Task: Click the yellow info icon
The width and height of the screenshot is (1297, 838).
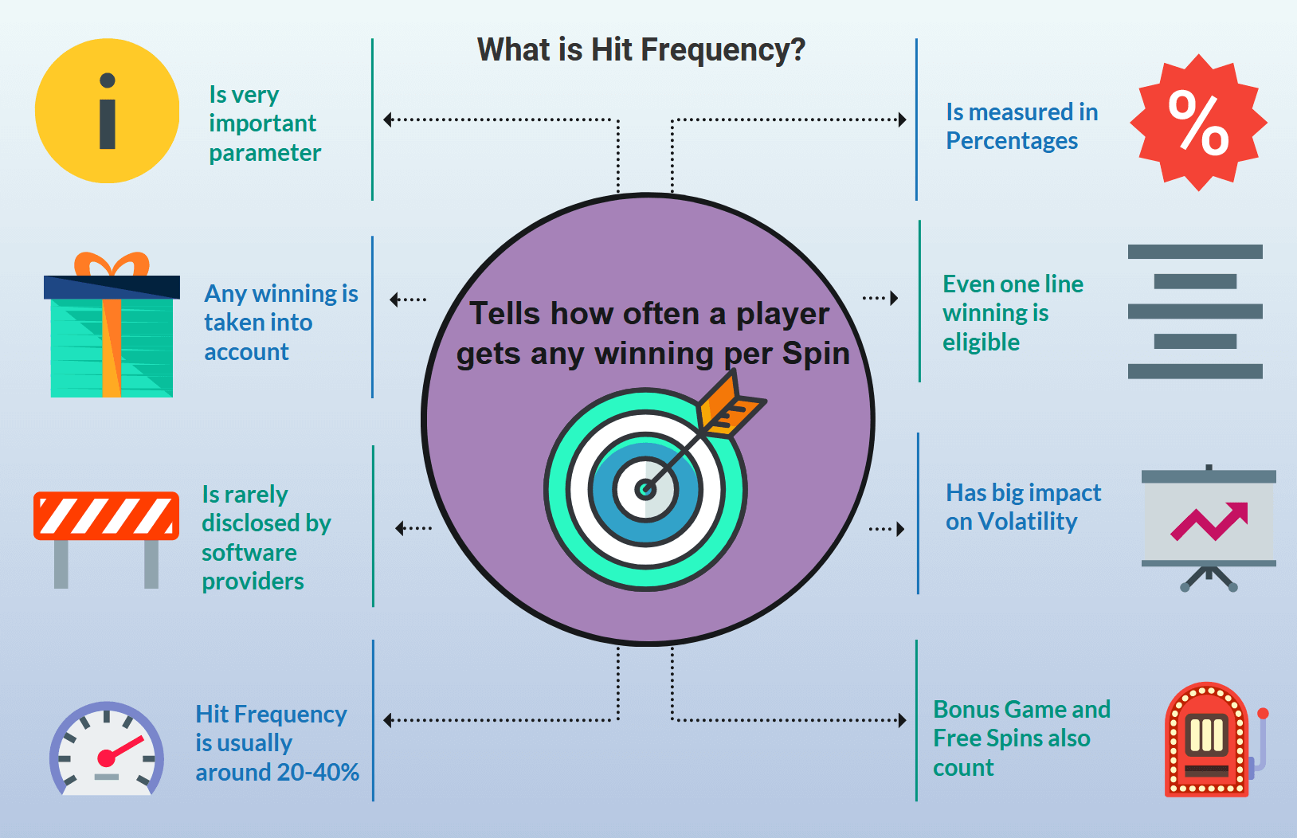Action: coord(107,111)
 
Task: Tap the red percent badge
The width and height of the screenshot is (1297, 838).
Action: coord(1198,122)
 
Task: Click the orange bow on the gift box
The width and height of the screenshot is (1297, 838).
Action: coord(112,264)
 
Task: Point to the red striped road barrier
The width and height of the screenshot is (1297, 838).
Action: coord(107,539)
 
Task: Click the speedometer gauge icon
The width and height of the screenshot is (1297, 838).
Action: coord(107,748)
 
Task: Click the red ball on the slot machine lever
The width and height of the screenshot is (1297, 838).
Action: coord(1263,714)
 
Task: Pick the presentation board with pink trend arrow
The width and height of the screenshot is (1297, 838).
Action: coord(1209,527)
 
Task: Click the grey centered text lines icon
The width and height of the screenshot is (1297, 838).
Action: coord(1195,311)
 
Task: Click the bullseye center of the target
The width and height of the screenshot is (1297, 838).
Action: coord(645,490)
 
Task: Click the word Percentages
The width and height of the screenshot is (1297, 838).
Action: coord(1012,141)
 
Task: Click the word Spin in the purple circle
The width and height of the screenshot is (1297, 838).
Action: coord(816,354)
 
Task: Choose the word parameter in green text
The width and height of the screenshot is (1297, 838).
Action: coord(264,154)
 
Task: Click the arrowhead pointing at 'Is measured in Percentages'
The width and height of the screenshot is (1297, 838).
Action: coord(902,119)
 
